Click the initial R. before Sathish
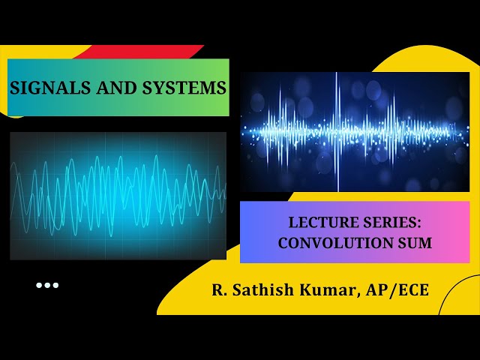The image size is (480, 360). click(217, 290)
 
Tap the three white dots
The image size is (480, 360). click(46, 285)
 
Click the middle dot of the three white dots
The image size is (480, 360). click(46, 285)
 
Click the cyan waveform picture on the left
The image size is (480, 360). click(118, 195)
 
